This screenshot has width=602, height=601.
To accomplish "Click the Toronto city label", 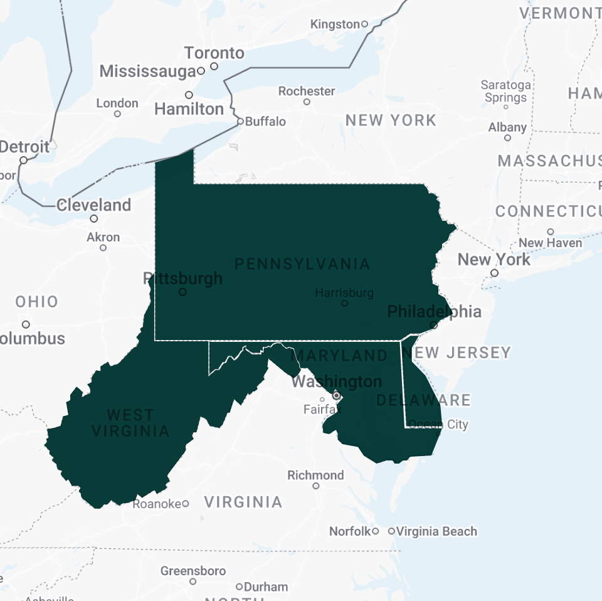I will [214, 53].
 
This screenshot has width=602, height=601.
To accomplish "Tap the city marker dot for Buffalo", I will [240, 122].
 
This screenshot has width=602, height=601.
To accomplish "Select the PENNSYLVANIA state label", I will [302, 264].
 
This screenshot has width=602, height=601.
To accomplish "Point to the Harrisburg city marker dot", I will [344, 303].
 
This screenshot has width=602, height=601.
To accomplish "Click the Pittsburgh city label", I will [182, 278].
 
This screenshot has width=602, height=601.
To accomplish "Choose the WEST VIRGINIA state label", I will [130, 423].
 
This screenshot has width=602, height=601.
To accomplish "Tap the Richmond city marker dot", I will [316, 486].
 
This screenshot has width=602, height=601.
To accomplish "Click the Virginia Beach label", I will [436, 531].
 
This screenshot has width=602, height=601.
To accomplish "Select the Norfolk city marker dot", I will [375, 531].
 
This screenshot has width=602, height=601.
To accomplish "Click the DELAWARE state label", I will [423, 400].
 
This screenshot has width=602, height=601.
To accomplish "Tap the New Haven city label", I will [550, 243].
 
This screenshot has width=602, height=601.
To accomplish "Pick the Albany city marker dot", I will [507, 137].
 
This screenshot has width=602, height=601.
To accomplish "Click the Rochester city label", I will [307, 91].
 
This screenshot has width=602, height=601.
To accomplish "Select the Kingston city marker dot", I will [364, 24].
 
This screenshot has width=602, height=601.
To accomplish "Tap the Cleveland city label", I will [93, 205].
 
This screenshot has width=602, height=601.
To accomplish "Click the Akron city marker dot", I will [103, 248].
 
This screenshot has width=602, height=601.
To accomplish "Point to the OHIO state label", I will [37, 302].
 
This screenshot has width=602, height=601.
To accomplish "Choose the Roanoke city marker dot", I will [186, 504].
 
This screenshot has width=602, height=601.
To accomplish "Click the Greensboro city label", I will [193, 571].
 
